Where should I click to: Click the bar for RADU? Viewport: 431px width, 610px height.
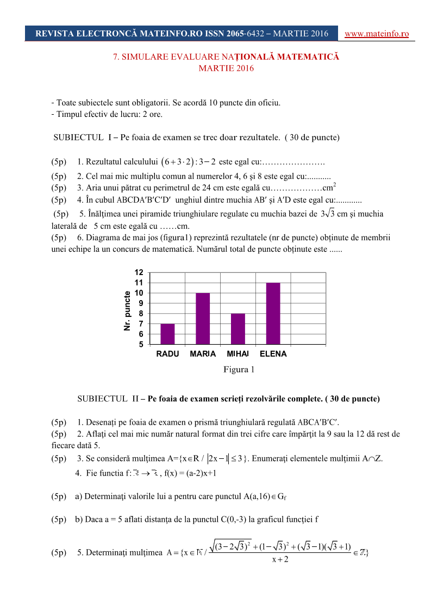click(167, 334)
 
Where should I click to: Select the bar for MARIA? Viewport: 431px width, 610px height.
click(203, 319)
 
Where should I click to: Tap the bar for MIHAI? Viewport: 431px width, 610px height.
click(238, 329)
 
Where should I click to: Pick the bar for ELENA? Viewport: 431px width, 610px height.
click(273, 313)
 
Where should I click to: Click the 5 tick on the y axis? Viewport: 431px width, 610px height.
click(140, 344)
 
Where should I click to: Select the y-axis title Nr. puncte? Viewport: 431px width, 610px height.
click(127, 311)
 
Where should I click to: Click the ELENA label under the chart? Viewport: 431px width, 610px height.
click(273, 354)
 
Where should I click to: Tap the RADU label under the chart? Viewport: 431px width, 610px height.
click(167, 354)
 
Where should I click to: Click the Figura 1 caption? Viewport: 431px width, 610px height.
click(239, 370)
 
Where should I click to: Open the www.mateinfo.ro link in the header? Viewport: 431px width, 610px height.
click(377, 34)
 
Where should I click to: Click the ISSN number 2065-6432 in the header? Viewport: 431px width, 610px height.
click(245, 34)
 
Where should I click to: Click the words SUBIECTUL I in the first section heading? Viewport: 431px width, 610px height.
click(82, 137)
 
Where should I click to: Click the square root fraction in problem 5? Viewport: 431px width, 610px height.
click(280, 552)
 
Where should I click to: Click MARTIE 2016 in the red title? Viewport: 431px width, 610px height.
click(226, 69)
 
